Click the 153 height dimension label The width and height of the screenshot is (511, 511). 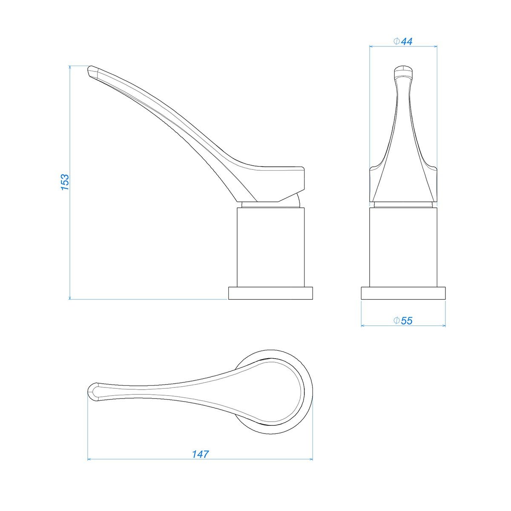65,182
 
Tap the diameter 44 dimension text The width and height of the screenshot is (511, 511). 403,42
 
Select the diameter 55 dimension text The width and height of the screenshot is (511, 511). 403,321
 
